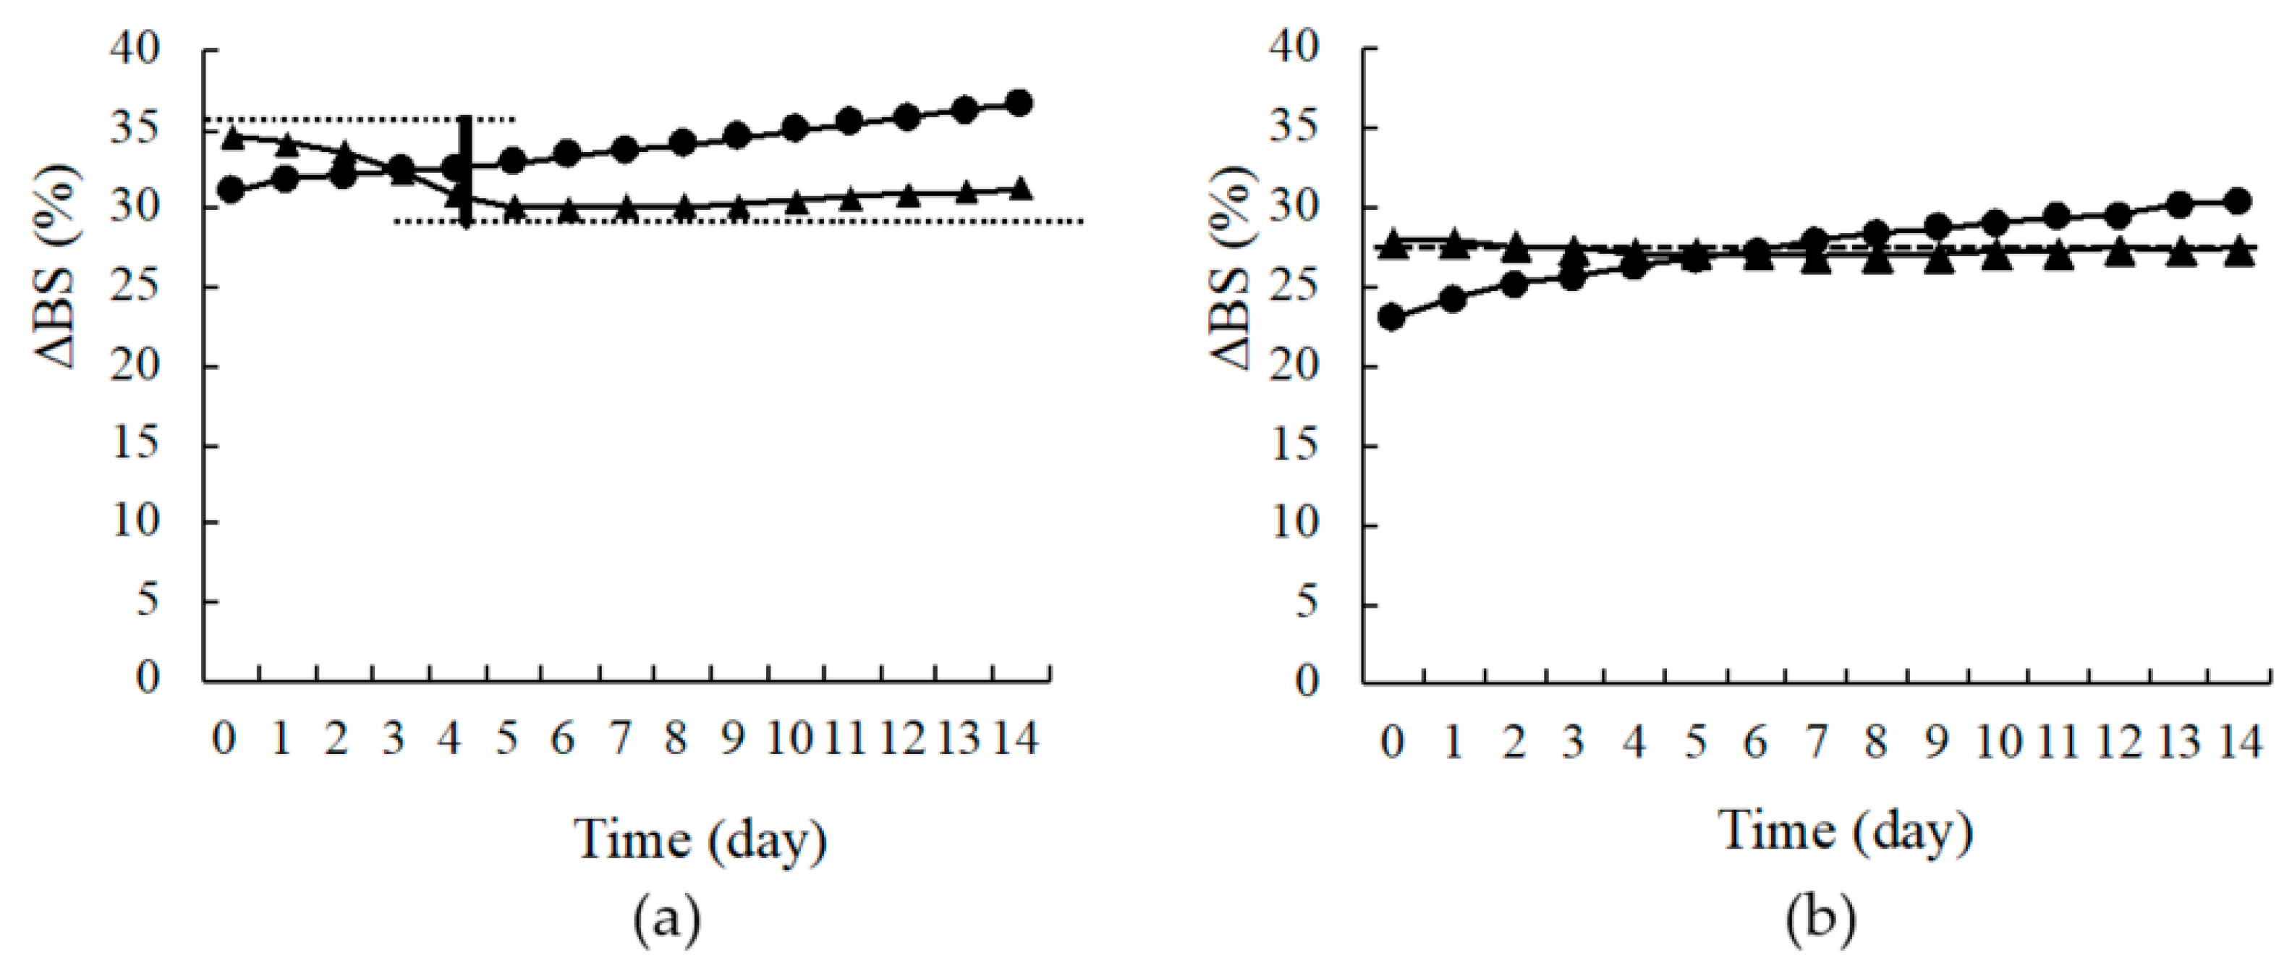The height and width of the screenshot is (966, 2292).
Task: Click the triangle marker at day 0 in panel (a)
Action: click(x=233, y=137)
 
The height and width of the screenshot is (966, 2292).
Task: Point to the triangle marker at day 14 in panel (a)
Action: click(x=1021, y=189)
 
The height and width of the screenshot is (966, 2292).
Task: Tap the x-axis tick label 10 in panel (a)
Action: click(x=789, y=738)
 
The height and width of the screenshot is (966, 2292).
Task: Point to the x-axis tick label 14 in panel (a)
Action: click(x=1014, y=738)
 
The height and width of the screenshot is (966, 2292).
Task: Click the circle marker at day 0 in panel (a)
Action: click(x=233, y=190)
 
